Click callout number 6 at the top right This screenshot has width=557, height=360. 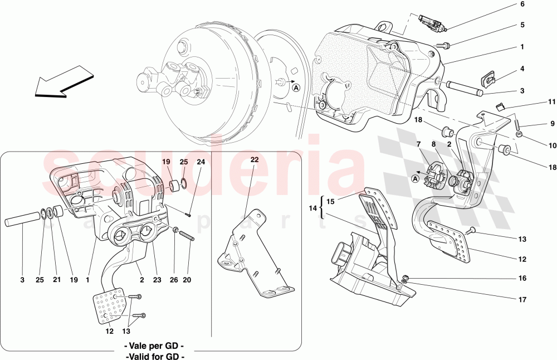tap(522, 4)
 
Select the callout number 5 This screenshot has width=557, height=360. tap(522, 25)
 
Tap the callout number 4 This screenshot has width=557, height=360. tap(522, 69)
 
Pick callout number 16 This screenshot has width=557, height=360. tap(522, 278)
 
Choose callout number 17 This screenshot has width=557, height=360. tap(522, 300)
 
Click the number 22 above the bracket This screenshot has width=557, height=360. tap(255, 160)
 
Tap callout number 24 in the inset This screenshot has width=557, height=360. tap(201, 162)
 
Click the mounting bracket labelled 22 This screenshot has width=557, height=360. tap(253, 251)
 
